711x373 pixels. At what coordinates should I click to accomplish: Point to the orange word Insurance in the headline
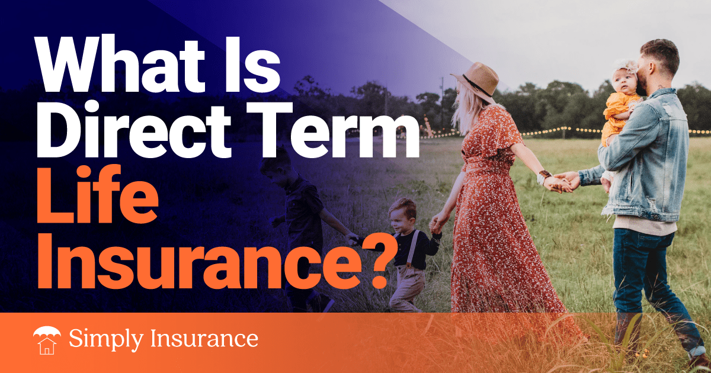[x=201, y=261]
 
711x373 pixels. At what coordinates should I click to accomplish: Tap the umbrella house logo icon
[x=47, y=340]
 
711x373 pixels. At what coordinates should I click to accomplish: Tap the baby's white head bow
[x=624, y=67]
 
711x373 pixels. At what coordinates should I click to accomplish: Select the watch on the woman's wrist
[x=544, y=176]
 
